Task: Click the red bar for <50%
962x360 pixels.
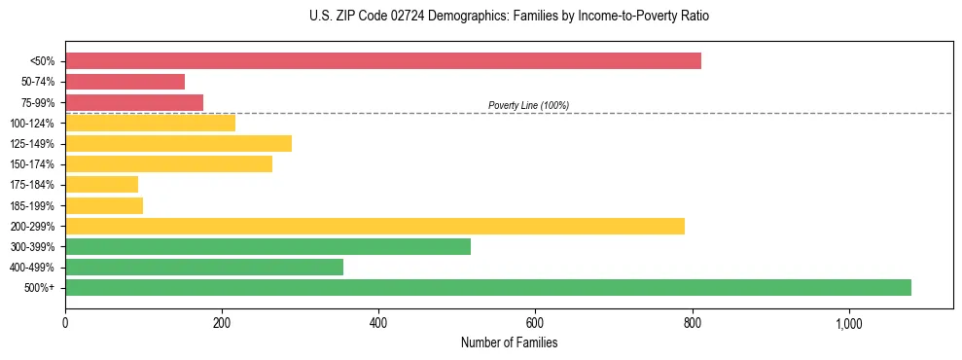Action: [383, 61]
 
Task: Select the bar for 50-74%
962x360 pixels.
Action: [125, 82]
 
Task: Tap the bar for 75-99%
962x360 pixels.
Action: [134, 102]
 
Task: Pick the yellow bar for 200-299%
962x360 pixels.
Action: [374, 226]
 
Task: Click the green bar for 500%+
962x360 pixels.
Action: [488, 287]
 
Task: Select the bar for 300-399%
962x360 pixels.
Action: [267, 246]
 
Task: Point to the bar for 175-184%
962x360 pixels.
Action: [101, 184]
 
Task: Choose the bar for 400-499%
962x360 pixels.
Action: [204, 267]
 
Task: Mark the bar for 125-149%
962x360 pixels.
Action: [178, 143]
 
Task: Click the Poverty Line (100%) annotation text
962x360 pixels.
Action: [528, 105]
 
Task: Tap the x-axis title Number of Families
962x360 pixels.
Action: [509, 343]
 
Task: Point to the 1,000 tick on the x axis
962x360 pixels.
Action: [848, 322]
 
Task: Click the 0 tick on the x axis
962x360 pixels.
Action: [65, 322]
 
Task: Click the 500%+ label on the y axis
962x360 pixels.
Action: [39, 288]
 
